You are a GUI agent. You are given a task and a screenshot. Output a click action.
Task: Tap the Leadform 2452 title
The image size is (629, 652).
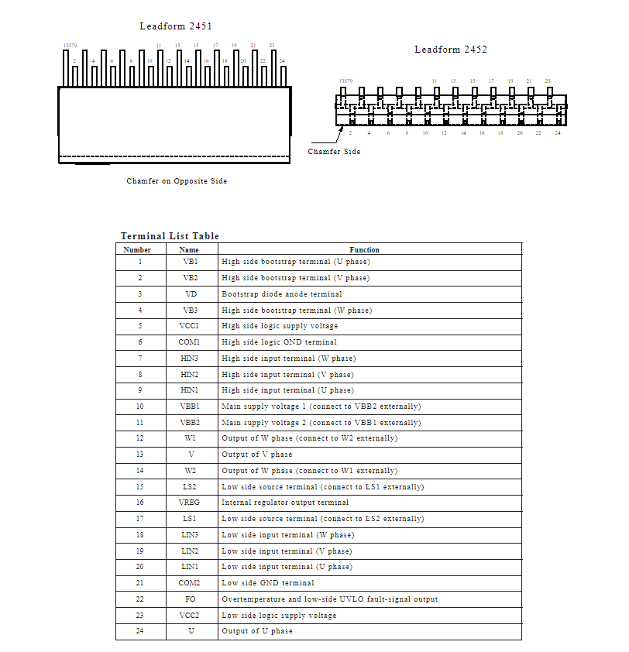(450, 50)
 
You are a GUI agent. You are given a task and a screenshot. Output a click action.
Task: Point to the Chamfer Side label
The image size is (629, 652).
(334, 152)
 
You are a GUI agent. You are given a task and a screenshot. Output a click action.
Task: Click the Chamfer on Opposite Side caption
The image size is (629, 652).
(177, 181)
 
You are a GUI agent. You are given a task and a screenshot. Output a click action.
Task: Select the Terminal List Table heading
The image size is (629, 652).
(170, 236)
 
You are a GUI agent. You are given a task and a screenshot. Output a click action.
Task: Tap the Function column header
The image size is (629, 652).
(364, 249)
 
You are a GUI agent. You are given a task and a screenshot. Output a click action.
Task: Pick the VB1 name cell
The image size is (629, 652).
(190, 262)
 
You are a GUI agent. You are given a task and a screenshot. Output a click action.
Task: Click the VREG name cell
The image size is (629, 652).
(190, 503)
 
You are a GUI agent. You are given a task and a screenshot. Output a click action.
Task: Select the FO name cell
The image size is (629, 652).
(190, 599)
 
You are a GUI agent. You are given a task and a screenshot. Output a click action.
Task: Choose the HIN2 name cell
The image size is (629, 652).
(190, 374)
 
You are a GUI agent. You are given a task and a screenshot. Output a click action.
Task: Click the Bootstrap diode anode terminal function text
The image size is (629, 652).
(282, 294)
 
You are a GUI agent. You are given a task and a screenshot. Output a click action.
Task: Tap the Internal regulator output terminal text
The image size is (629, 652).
(285, 503)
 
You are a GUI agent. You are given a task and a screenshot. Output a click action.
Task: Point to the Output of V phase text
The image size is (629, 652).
(257, 455)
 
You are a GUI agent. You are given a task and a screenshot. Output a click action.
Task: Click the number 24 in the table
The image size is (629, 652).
(139, 631)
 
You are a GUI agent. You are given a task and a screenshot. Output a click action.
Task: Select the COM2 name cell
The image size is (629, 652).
(190, 582)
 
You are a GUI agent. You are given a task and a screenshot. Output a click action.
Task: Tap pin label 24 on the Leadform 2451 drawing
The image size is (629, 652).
(282, 61)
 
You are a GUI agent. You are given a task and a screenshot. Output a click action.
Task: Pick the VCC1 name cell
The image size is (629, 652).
(190, 326)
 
